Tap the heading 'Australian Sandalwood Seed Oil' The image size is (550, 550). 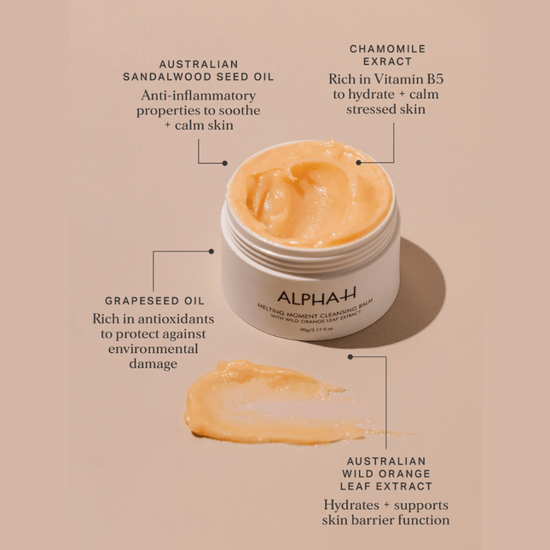[199, 70]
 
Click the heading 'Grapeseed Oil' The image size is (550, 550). [154, 301]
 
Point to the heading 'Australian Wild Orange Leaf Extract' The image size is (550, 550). [386, 473]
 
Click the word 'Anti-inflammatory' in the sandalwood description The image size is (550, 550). [199, 95]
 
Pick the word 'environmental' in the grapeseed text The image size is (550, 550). [153, 349]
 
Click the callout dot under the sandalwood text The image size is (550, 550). [225, 163]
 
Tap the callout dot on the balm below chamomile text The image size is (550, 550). [359, 161]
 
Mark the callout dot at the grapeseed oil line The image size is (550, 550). [211, 252]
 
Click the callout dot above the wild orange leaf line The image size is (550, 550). [350, 356]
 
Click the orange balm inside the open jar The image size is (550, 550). [308, 194]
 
